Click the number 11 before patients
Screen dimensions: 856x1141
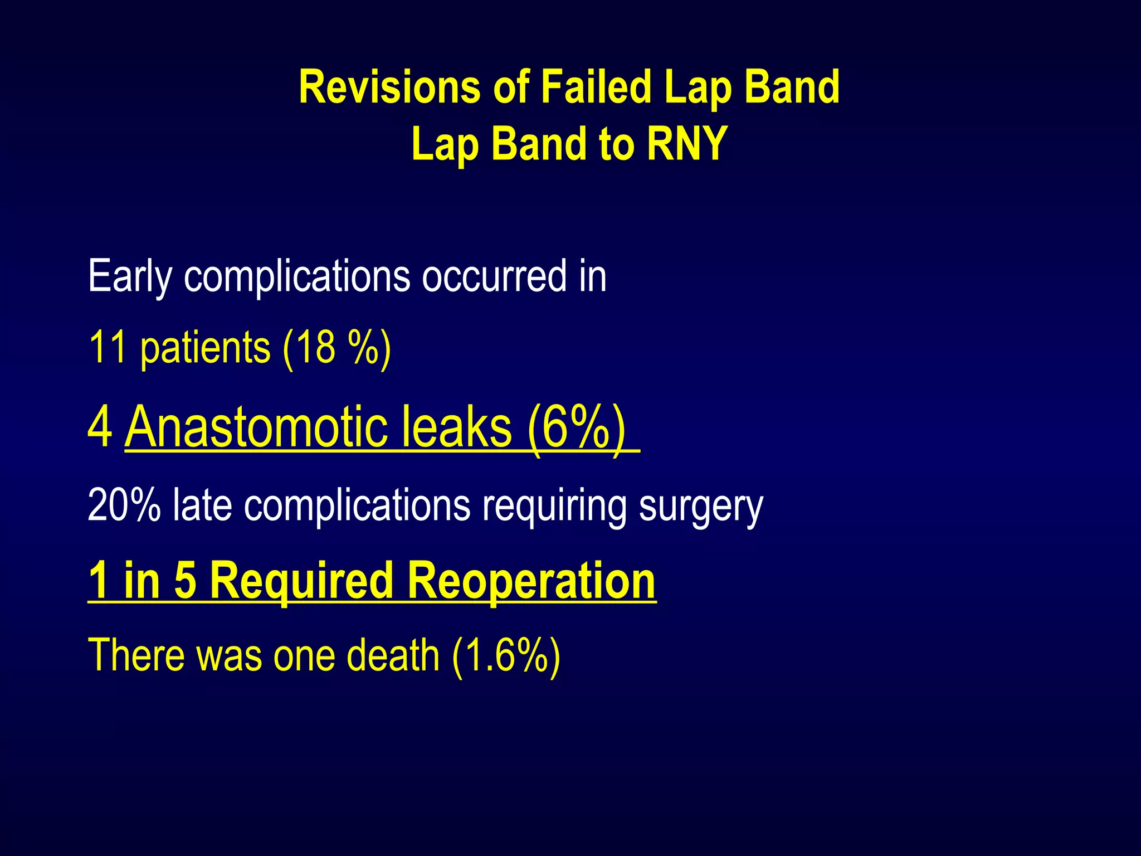pyautogui.click(x=108, y=347)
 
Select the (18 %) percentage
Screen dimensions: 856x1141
pyautogui.click(x=337, y=347)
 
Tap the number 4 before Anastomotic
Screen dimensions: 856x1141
pyautogui.click(x=100, y=427)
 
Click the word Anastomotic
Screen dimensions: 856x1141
pyautogui.click(x=256, y=427)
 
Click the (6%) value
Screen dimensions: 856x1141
pyautogui.click(x=576, y=427)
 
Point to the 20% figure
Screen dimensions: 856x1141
pyautogui.click(x=124, y=505)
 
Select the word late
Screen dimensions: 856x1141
pyautogui.click(x=202, y=505)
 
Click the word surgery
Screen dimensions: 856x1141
pyautogui.click(x=700, y=505)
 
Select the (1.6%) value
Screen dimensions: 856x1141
pyautogui.click(x=505, y=655)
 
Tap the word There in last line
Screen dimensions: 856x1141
pyautogui.click(x=136, y=655)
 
